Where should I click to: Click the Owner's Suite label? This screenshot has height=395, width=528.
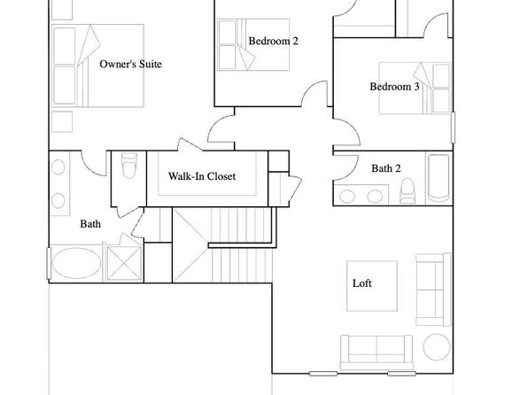click(x=130, y=64)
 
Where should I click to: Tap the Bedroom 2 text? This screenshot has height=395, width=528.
click(x=274, y=41)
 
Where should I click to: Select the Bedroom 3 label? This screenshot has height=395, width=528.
click(x=394, y=87)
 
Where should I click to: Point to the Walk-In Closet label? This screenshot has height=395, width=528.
click(x=202, y=176)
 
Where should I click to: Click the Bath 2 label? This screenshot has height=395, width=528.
click(x=386, y=168)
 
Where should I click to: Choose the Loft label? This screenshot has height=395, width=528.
click(x=362, y=283)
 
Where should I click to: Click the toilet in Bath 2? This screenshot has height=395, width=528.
click(x=408, y=191)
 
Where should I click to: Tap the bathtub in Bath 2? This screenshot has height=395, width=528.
click(x=439, y=178)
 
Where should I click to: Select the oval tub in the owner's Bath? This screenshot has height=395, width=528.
click(x=76, y=263)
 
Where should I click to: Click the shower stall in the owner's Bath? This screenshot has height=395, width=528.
click(x=124, y=263)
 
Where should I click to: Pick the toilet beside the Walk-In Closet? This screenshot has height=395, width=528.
click(x=129, y=165)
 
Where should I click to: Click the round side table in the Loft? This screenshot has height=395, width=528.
click(x=437, y=347)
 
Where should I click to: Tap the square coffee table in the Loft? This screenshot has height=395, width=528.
click(x=372, y=286)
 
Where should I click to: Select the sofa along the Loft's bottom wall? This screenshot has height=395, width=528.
click(x=377, y=352)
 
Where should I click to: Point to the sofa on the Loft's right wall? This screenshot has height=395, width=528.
click(x=433, y=290)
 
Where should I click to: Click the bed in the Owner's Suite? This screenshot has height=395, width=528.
click(x=98, y=66)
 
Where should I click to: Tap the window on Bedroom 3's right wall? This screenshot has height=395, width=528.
click(x=454, y=128)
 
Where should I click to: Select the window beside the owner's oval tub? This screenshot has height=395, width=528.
click(x=49, y=263)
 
